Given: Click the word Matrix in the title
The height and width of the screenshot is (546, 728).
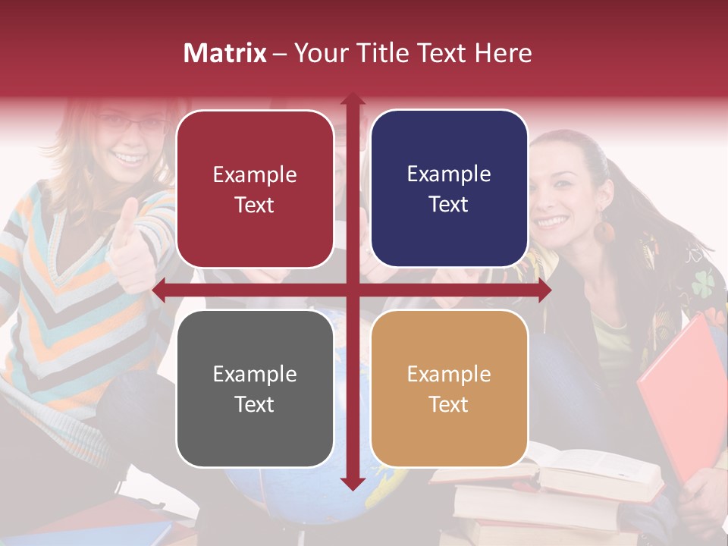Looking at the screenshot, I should click(224, 53).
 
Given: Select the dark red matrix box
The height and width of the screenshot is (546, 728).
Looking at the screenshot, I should click(255, 189).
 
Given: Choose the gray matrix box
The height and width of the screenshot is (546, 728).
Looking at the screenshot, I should click(255, 388).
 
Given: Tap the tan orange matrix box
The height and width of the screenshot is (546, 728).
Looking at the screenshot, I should click(449, 388).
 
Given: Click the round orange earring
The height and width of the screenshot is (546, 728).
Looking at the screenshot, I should click(604, 231).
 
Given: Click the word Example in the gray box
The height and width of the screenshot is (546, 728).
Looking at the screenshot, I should click(255, 374).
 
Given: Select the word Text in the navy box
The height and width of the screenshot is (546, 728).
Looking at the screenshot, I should click(449, 204).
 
